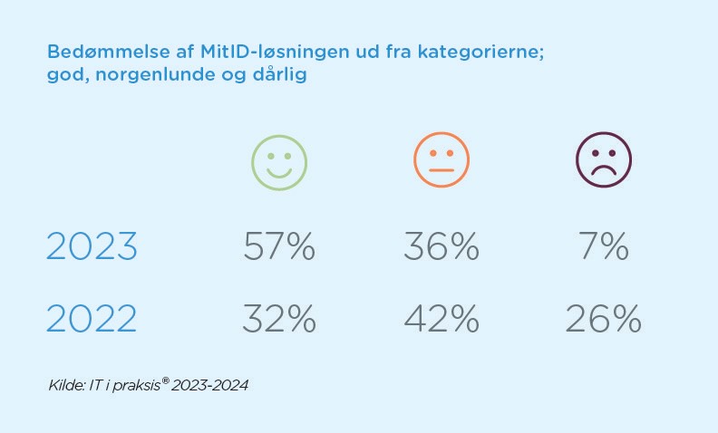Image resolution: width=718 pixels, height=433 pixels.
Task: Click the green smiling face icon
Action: tap(279, 162)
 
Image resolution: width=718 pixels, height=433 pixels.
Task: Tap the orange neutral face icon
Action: tap(441, 161)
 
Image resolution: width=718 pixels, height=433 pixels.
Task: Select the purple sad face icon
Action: tap(604, 161)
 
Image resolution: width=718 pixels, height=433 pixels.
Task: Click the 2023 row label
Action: tap(92, 246)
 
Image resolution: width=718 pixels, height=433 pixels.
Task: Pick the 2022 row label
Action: tap(92, 318)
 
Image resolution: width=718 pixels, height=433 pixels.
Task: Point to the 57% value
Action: tap(279, 246)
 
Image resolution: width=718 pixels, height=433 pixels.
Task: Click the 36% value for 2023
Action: tap(441, 246)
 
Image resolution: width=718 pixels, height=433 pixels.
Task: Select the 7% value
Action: tap(604, 246)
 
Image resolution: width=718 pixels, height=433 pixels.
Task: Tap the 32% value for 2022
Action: tap(279, 318)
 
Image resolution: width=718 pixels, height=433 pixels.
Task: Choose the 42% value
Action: tap(441, 318)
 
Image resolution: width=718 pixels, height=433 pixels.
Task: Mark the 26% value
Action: tap(604, 318)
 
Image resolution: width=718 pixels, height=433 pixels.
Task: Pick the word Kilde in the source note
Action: tap(64, 386)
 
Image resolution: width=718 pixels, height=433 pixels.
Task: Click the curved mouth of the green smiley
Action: tap(279, 173)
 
